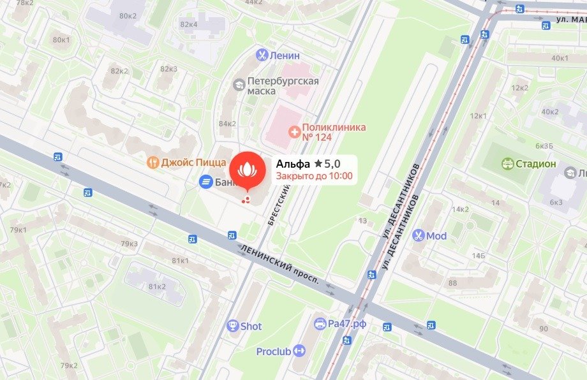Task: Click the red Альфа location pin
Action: point(246,170)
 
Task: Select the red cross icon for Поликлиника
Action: point(294,132)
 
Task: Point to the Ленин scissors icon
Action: point(261,55)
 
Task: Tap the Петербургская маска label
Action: point(283,86)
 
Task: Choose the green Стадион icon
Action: point(507,164)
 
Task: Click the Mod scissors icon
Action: point(418,235)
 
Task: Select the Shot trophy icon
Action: point(233,326)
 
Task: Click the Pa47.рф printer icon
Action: point(320,324)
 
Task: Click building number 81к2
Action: point(157,286)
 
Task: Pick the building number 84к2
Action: point(227,124)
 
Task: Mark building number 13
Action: point(362,221)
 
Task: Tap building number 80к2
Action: point(128,16)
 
